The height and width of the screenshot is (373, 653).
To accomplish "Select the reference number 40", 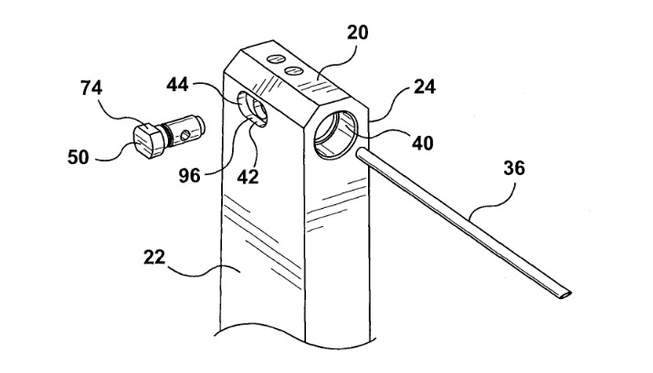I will point(422,142).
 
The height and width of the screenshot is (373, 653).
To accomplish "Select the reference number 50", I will point(79,157).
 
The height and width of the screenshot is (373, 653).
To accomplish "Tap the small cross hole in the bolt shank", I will point(187,136).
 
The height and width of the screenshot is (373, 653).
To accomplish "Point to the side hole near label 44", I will point(252,110).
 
